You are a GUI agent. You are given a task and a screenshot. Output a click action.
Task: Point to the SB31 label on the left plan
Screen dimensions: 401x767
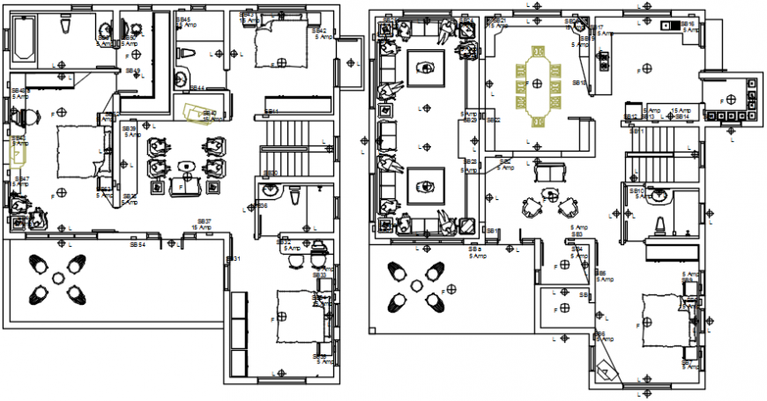234,258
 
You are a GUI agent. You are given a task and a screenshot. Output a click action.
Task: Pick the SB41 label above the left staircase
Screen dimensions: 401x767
272,111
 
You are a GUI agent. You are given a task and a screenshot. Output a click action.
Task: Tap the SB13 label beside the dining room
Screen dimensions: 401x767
579,83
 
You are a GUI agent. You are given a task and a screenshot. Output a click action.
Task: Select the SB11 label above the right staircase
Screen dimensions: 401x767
637,130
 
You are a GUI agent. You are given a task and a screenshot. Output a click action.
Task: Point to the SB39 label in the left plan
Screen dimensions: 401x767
129,129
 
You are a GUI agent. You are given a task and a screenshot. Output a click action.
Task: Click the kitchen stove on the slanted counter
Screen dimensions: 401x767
604,61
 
